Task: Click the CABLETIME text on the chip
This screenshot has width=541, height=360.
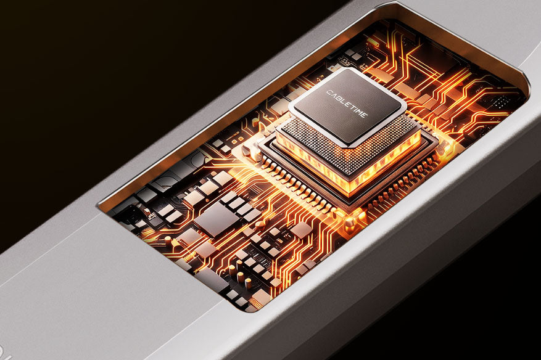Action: pyautogui.click(x=347, y=104)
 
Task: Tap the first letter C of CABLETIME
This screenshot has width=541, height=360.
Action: pyautogui.click(x=329, y=92)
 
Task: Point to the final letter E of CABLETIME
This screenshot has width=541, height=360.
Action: pyautogui.click(x=365, y=115)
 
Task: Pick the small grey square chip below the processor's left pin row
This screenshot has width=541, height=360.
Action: pyautogui.click(x=301, y=230)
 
